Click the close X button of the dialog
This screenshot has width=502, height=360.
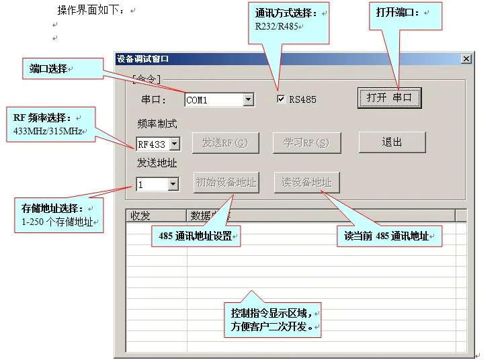coord(466,59)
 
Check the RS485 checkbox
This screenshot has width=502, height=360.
coord(281,99)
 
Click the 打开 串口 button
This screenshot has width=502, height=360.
coord(389,98)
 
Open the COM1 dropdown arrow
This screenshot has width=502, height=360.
coord(248,100)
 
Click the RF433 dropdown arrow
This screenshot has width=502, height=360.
coord(174,144)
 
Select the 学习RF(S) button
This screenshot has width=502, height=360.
coord(306,142)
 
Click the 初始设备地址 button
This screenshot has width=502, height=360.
coord(226,183)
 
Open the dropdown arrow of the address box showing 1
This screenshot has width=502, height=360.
coord(173,184)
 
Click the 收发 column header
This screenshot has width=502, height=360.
coord(155,216)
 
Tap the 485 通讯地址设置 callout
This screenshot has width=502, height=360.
coord(197,236)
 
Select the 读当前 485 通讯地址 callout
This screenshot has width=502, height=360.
coord(389,236)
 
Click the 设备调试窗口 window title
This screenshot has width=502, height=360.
coord(143,59)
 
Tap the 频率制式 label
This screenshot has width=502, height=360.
coord(157,124)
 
